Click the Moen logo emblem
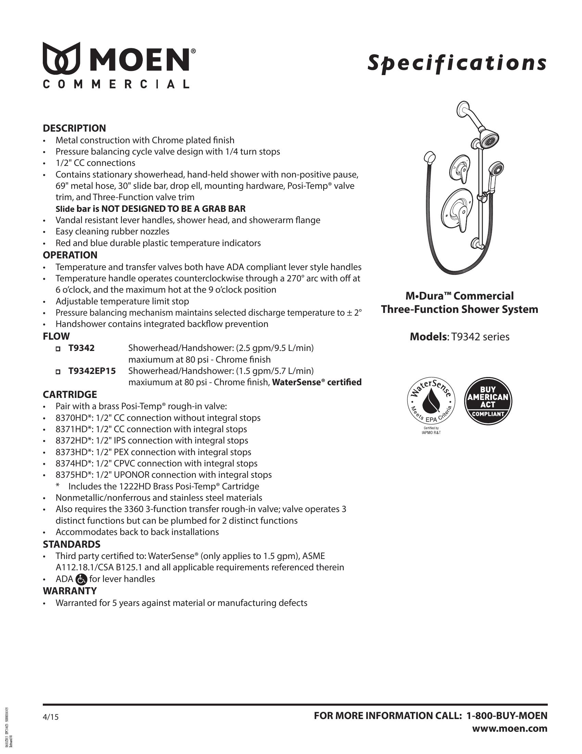click(61, 58)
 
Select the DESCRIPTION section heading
click(74, 129)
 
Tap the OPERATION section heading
click(70, 255)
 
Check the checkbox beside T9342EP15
click(58, 372)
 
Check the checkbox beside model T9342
click(58, 349)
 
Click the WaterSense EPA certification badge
click(431, 401)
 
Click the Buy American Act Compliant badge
click(488, 401)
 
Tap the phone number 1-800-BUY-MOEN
click(507, 716)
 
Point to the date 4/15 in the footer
click(51, 717)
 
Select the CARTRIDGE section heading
click(70, 394)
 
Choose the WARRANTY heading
click(69, 591)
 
